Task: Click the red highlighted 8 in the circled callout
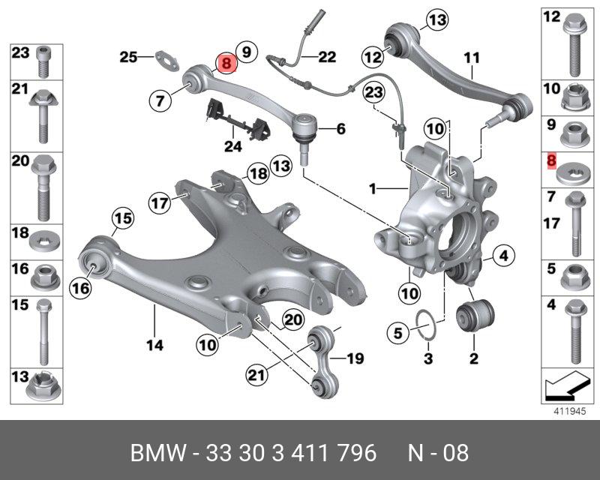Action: [x=225, y=64]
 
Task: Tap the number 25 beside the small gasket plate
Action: [x=128, y=56]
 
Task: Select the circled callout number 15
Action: [x=121, y=219]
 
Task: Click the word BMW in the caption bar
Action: [x=151, y=453]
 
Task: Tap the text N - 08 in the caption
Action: [x=438, y=453]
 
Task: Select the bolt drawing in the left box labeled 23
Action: [x=43, y=62]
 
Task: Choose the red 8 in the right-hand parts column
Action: [x=552, y=160]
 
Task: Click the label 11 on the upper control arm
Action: [x=471, y=58]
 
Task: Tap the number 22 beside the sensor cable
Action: [x=327, y=56]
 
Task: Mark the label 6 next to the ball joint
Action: [x=340, y=129]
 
